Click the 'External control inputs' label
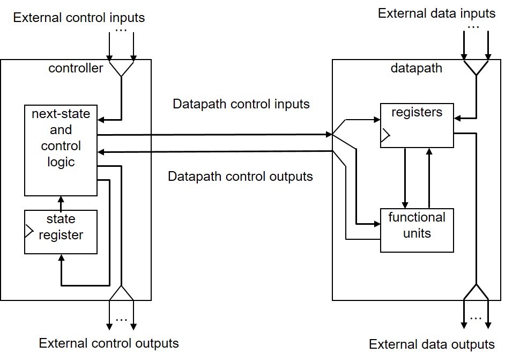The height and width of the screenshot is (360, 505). pyautogui.click(x=79, y=18)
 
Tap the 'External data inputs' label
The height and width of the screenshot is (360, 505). pyautogui.click(x=436, y=13)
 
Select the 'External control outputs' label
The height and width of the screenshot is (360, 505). pyautogui.click(x=109, y=343)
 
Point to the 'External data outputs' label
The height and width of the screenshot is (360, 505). pyautogui.click(x=432, y=344)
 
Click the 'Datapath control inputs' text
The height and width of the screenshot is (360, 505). pyautogui.click(x=241, y=104)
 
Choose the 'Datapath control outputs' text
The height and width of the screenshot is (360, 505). pyautogui.click(x=240, y=176)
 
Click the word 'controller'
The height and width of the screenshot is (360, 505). pyautogui.click(x=76, y=68)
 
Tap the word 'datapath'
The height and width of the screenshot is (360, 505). pyautogui.click(x=417, y=68)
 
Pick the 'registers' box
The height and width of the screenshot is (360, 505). pyautogui.click(x=417, y=124)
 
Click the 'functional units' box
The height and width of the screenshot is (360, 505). pyautogui.click(x=417, y=230)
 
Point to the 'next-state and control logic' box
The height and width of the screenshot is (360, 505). pyautogui.click(x=61, y=150)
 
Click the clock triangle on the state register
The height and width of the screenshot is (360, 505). pyautogui.click(x=28, y=232)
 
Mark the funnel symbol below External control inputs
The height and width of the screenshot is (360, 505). pyautogui.click(x=122, y=68)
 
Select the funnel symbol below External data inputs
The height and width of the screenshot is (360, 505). pyautogui.click(x=476, y=67)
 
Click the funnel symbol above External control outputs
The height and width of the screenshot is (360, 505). pyautogui.click(x=122, y=292)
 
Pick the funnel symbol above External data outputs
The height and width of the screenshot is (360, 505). pyautogui.click(x=476, y=292)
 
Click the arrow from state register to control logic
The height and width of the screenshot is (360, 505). pyautogui.click(x=61, y=203)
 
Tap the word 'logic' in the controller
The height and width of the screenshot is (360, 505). pyautogui.click(x=61, y=162)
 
